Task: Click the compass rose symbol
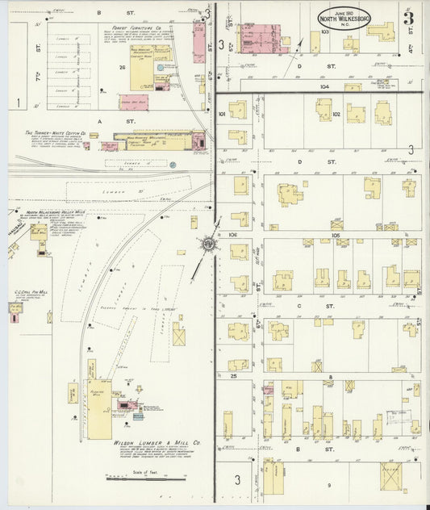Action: [x=209, y=243]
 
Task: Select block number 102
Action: [x=336, y=114]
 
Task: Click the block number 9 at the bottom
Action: [x=329, y=485]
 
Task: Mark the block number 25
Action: [x=232, y=376]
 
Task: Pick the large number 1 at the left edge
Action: [x=17, y=102]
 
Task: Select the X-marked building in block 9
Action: [x=390, y=475]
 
